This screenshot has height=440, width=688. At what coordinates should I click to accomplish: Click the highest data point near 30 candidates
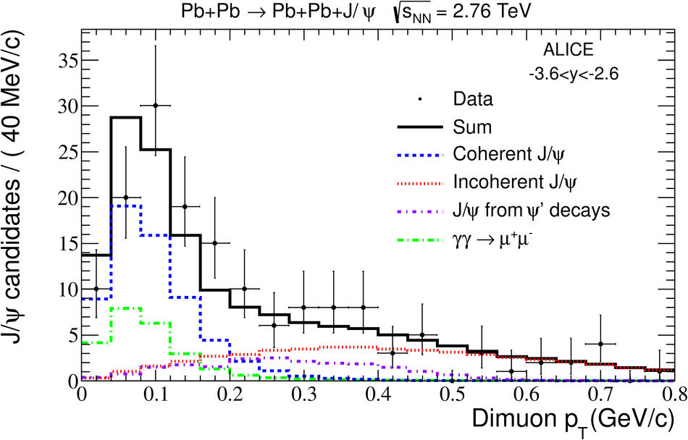coord(155,106)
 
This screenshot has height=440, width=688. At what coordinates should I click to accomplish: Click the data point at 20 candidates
coord(125,198)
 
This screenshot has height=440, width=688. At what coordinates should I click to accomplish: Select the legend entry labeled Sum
coord(472,127)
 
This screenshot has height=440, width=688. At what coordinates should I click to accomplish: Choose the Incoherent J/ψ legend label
coord(504,182)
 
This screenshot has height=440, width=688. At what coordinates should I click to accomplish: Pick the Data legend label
coord(471,98)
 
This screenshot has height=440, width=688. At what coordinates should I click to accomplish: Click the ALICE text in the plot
coord(568,51)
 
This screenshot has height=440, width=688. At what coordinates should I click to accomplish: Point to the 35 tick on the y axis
coord(65,60)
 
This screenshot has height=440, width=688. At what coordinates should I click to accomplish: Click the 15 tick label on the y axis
coord(65,244)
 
